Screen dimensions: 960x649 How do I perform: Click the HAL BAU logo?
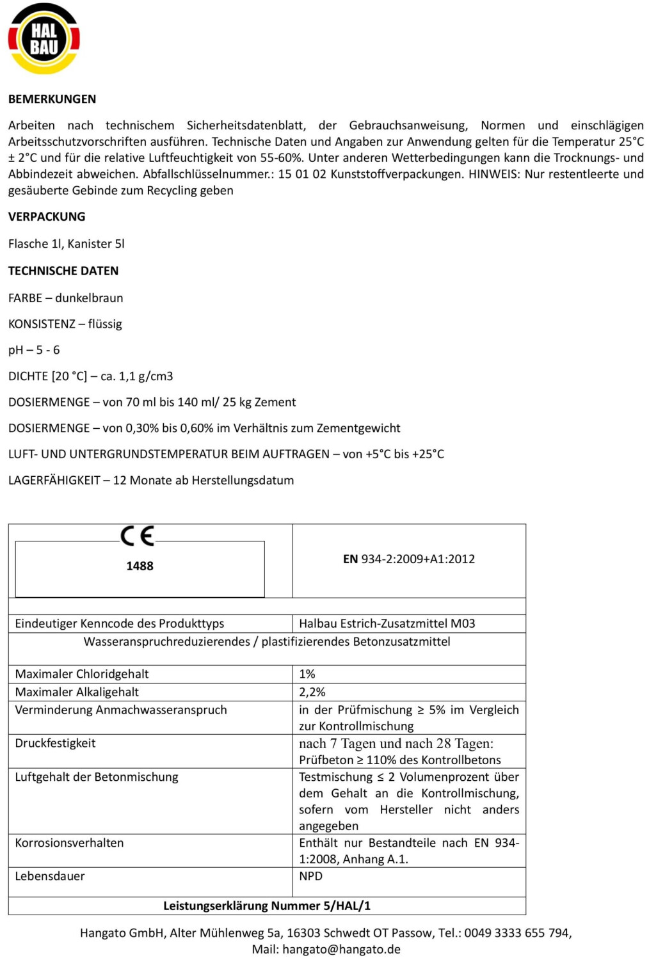point(44,39)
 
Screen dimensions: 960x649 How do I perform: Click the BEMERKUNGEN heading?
point(52,99)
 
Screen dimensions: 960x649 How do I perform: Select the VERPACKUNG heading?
point(47,217)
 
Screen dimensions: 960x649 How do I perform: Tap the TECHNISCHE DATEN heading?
point(63,271)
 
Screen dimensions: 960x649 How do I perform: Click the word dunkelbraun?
point(89,298)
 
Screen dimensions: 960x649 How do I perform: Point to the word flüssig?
point(105,324)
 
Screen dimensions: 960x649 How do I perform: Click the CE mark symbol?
point(138,536)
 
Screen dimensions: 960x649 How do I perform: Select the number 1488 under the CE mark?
point(140,566)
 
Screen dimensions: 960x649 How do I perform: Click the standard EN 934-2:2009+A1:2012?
point(409,559)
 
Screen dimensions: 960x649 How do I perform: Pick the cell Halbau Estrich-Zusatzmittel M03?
point(387,624)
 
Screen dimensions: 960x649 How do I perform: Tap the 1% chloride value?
point(307,675)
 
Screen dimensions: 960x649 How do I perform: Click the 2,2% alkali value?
point(312,692)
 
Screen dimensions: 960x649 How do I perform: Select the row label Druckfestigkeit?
point(56,744)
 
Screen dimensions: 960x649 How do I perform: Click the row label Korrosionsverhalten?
point(69,844)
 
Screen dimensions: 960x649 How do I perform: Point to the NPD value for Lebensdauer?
point(311,877)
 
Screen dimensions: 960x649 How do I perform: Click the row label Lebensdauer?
point(50,877)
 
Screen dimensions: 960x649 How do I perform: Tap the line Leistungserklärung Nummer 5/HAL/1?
point(267,906)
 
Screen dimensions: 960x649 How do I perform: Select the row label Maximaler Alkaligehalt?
point(77,692)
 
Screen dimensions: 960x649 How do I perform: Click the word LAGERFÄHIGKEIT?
point(54,481)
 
